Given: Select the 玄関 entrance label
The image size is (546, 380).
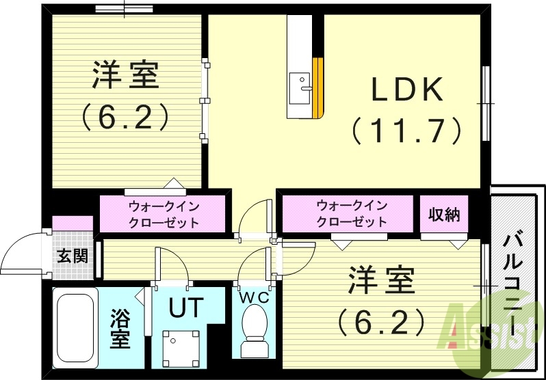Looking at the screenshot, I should pos(72,256).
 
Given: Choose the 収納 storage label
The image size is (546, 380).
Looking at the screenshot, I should pos(445,214).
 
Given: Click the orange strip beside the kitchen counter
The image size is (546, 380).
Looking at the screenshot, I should pos(317,87).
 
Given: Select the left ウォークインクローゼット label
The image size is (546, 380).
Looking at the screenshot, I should pos(163,213).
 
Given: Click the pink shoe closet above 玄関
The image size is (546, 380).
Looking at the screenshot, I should pos(73,223).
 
